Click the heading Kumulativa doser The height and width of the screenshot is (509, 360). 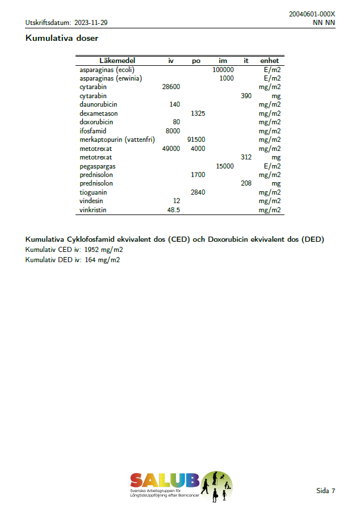tap(62, 39)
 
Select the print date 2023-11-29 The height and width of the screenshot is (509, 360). tap(91, 23)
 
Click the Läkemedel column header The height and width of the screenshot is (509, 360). tap(117, 61)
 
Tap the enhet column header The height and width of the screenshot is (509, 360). tap(269, 61)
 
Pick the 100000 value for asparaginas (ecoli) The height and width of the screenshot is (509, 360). tap(223, 69)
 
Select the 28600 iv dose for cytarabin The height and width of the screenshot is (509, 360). tap(171, 87)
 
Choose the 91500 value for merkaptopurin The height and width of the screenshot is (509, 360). tap(196, 140)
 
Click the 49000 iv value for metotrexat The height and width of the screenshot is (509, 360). tap(171, 149)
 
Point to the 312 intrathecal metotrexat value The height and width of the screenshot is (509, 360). tap(246, 157)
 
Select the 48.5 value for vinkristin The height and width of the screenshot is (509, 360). tap(173, 210)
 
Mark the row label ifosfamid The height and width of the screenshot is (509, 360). tap(93, 131)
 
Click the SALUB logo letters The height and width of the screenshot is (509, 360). tap(164, 480)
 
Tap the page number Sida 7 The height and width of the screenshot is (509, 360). tap(325, 491)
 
